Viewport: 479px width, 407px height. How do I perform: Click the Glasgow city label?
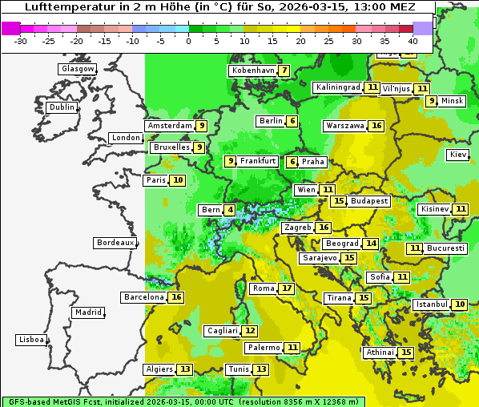(x=77, y=69)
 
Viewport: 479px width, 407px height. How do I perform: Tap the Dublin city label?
(x=61, y=107)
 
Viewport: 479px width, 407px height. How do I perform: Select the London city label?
(x=126, y=138)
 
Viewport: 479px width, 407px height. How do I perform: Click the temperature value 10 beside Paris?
(x=177, y=180)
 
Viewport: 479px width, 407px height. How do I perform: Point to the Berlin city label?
(x=271, y=121)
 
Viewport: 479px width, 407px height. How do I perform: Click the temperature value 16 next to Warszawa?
(x=376, y=126)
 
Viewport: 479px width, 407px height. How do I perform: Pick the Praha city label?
(x=313, y=161)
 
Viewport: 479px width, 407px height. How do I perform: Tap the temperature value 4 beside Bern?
(x=231, y=210)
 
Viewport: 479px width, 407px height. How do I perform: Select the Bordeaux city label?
(x=115, y=243)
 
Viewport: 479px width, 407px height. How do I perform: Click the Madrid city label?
(x=87, y=312)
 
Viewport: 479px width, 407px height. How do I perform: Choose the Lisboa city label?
(x=30, y=340)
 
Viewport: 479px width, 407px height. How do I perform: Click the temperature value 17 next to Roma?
(x=287, y=288)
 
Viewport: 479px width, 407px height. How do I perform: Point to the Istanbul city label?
(x=432, y=304)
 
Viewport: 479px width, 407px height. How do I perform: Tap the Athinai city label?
(x=380, y=353)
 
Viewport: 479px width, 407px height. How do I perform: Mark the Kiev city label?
(x=458, y=154)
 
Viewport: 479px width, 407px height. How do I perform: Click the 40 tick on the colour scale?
(x=413, y=40)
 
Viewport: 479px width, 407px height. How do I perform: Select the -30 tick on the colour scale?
(x=21, y=40)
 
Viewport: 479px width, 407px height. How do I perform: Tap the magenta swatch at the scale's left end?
(x=11, y=28)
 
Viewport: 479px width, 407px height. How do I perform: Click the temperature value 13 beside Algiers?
(x=185, y=369)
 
